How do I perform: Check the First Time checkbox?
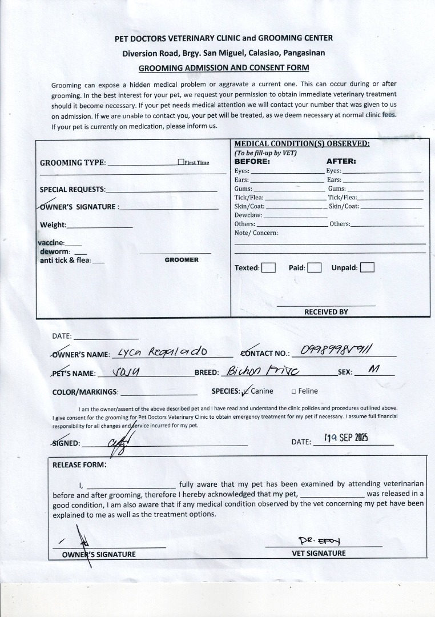coord(180,162)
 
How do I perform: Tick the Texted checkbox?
coord(268,267)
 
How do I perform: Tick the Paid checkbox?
coord(314,267)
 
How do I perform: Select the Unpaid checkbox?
coord(367,267)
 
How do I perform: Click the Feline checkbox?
coord(293,391)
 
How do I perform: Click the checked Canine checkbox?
coord(245,391)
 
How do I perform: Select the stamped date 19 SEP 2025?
coord(346,438)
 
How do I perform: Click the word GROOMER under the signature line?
coord(182,260)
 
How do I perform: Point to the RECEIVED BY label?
coord(326,312)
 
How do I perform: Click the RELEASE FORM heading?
coord(79,464)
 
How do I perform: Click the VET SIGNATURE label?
coord(319,553)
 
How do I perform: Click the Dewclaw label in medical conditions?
coord(248,215)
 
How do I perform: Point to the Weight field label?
coord(53,225)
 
